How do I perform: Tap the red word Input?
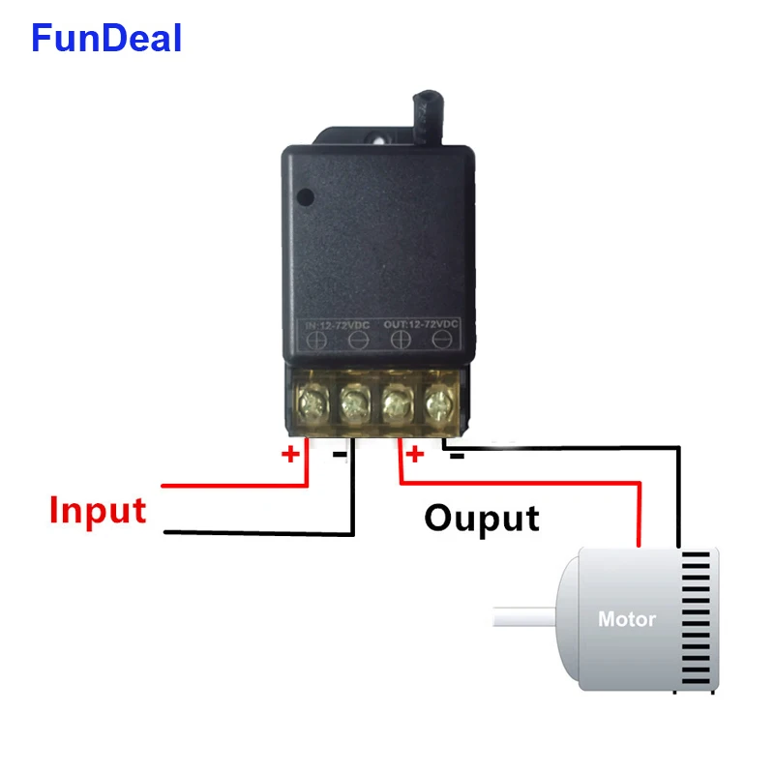point(98,510)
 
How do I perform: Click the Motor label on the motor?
point(626,619)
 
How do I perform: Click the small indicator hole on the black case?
point(306,197)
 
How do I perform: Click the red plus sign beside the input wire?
point(291,454)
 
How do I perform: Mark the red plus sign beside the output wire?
point(414,454)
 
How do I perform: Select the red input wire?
point(232,485)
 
